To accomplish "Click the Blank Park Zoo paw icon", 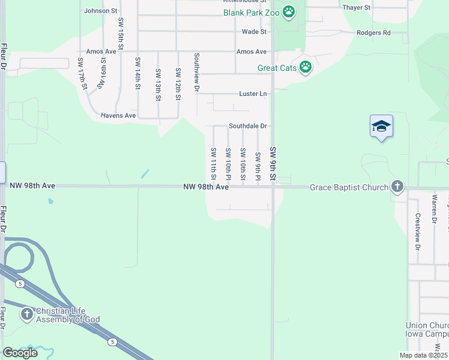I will point(289,11).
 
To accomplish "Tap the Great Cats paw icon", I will point(306,67).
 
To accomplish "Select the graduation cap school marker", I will point(381,126).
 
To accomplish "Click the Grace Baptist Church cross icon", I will point(397,187).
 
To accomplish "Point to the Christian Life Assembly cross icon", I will point(26,314).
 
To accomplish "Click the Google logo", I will point(20,352).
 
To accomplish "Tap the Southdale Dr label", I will point(247,127).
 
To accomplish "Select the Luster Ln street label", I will point(253,94).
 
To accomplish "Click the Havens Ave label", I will point(118,115).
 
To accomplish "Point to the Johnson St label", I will point(101,11).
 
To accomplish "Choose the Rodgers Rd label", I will point(373,33).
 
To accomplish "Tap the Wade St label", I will point(254,32).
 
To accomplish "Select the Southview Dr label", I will point(196,72).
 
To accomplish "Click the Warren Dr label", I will point(434,208).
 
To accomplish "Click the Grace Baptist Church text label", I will point(349,188).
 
